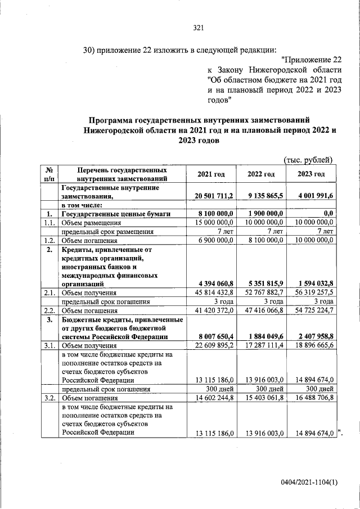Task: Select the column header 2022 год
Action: click(261, 174)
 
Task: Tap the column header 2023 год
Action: click(311, 174)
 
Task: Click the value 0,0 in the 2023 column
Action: click(328, 214)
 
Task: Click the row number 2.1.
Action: click(48, 292)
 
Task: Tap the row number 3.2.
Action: click(48, 397)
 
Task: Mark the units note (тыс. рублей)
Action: click(309, 160)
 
